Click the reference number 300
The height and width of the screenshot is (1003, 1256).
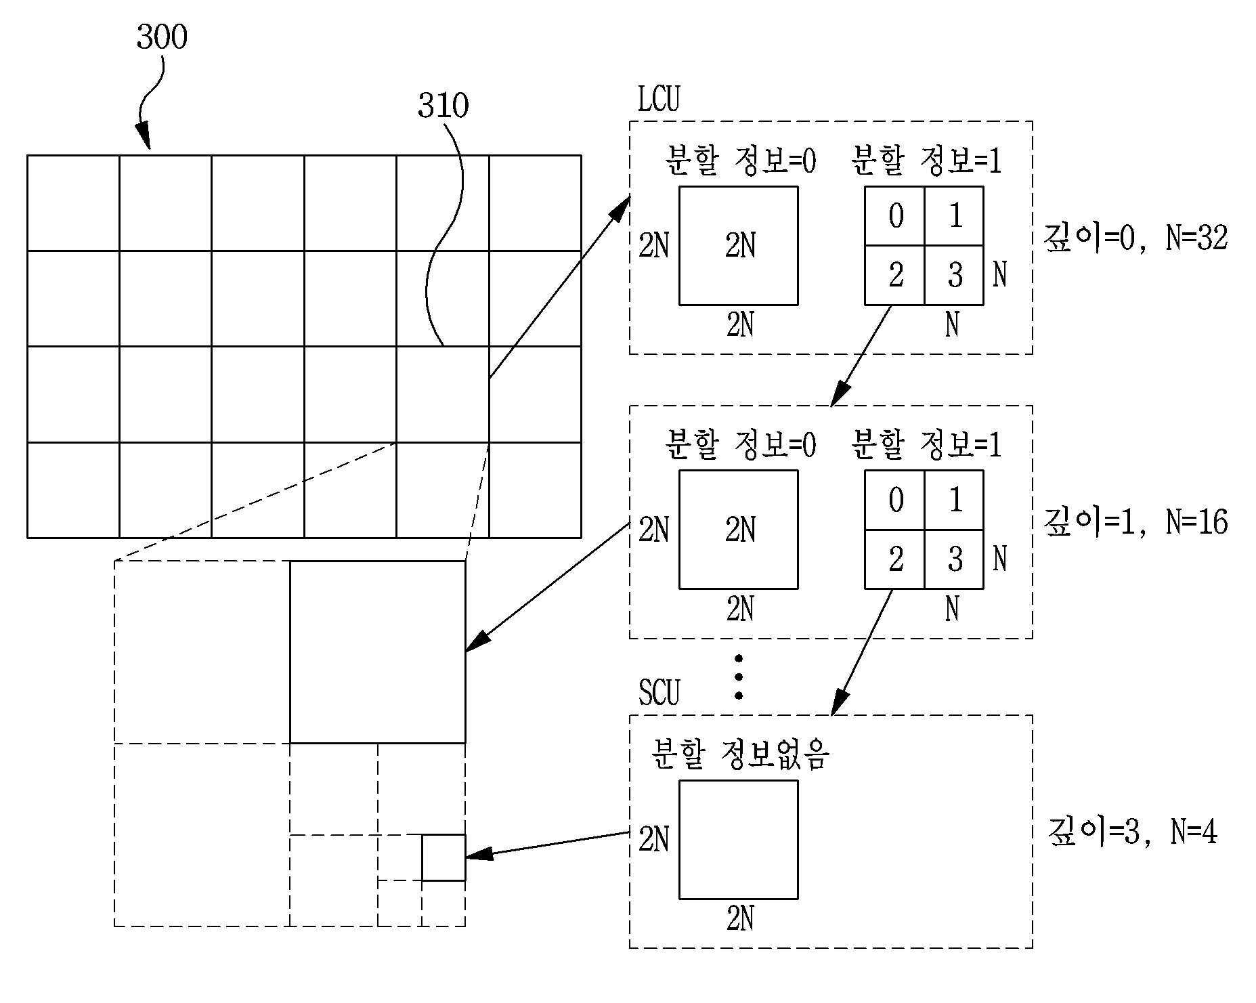(x=162, y=37)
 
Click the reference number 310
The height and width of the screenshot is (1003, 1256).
(x=443, y=106)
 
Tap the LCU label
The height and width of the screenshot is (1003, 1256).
(x=658, y=99)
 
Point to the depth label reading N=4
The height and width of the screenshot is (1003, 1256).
(x=1133, y=832)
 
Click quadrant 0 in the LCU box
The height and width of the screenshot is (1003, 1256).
(x=894, y=216)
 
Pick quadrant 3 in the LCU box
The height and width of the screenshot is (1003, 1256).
(x=954, y=276)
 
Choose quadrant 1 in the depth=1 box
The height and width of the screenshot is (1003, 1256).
(x=954, y=500)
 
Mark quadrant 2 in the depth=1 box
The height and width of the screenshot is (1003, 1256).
(x=894, y=559)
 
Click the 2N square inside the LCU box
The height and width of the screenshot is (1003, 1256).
(x=739, y=246)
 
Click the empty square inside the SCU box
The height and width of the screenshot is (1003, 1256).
(x=739, y=840)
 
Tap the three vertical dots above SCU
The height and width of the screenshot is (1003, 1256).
(x=739, y=677)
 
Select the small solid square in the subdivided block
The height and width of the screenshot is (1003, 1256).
(x=444, y=858)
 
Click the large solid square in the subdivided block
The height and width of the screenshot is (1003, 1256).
(x=378, y=652)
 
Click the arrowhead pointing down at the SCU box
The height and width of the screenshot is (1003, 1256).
(x=838, y=703)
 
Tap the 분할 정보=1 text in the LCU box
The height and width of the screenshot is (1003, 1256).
(x=926, y=161)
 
